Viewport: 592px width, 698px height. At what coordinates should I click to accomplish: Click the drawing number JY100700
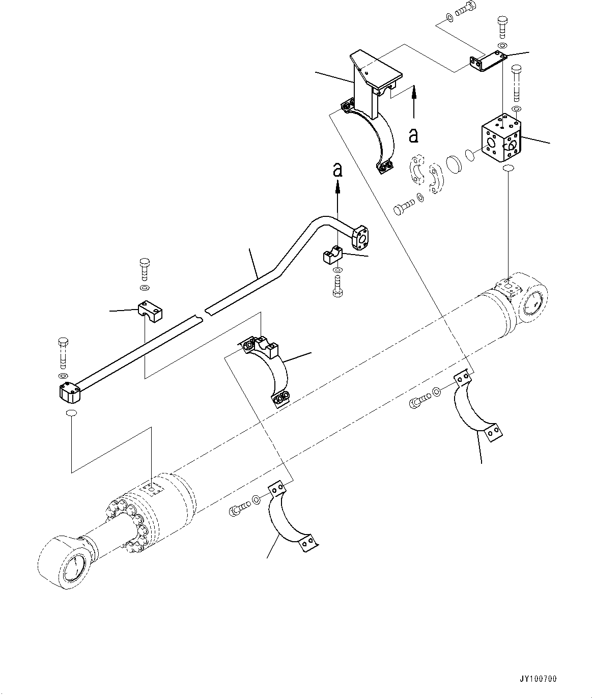pyautogui.click(x=539, y=679)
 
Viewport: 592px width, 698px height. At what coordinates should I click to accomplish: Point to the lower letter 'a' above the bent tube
pyautogui.click(x=337, y=170)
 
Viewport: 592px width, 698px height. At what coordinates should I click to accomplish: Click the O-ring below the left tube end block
pyautogui.click(x=71, y=412)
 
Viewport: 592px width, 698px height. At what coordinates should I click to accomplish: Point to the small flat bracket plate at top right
pyautogui.click(x=486, y=62)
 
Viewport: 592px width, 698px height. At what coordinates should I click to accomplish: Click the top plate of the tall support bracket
pyautogui.click(x=374, y=69)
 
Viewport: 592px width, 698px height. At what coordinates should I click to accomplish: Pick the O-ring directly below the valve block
pyautogui.click(x=508, y=169)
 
